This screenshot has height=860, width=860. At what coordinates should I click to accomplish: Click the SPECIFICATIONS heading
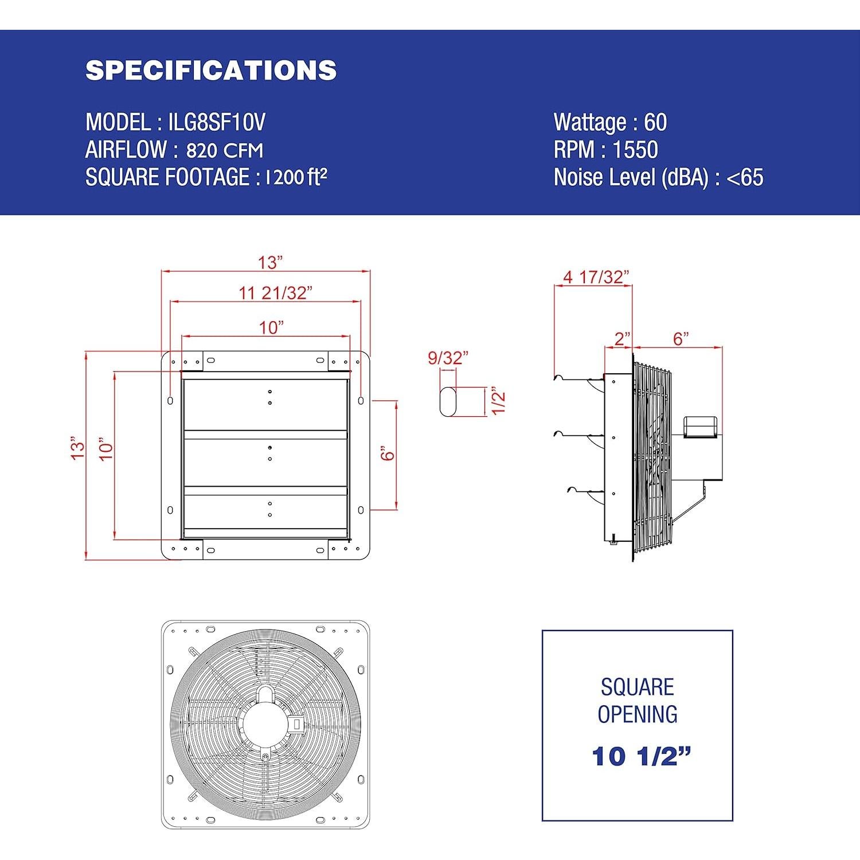tap(211, 70)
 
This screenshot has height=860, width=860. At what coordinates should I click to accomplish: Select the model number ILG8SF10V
tap(217, 122)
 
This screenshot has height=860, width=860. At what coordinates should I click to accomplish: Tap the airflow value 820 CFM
tap(225, 150)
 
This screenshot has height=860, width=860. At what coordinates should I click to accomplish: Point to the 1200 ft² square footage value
tap(296, 177)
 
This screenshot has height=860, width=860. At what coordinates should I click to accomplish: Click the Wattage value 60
tap(655, 122)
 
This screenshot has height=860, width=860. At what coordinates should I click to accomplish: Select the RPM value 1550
tap(635, 150)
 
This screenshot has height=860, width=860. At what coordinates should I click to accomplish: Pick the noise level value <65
tap(745, 177)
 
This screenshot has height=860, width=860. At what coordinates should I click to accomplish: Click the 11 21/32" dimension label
tap(275, 293)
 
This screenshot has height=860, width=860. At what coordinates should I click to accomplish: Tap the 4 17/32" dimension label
tap(596, 277)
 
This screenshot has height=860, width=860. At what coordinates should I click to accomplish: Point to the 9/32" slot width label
tap(448, 358)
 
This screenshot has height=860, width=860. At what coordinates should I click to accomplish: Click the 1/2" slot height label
tap(499, 401)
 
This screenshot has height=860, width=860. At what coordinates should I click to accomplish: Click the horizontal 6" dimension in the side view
tap(681, 338)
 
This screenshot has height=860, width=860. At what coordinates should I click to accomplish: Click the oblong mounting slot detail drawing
tap(448, 401)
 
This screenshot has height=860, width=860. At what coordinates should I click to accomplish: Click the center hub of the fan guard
tap(265, 724)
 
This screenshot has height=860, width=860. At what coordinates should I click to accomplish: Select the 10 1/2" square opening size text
tap(641, 756)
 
